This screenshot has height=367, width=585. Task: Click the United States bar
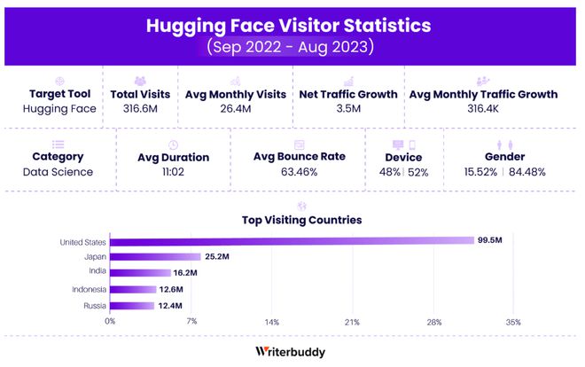coord(292,240)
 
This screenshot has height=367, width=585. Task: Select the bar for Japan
coord(155,256)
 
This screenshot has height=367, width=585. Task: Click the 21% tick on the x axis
coord(352,322)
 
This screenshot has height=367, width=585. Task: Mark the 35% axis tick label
coord(513,322)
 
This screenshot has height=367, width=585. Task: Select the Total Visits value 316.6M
coord(140,109)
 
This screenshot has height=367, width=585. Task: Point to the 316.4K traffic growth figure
coord(483,109)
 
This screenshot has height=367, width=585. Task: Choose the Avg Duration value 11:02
coord(173,172)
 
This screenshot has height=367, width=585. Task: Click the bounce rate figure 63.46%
coord(299,171)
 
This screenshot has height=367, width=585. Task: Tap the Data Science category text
coord(58,171)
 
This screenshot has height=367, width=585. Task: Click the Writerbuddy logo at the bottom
coord(290,352)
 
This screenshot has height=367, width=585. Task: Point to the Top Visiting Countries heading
coord(301,219)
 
